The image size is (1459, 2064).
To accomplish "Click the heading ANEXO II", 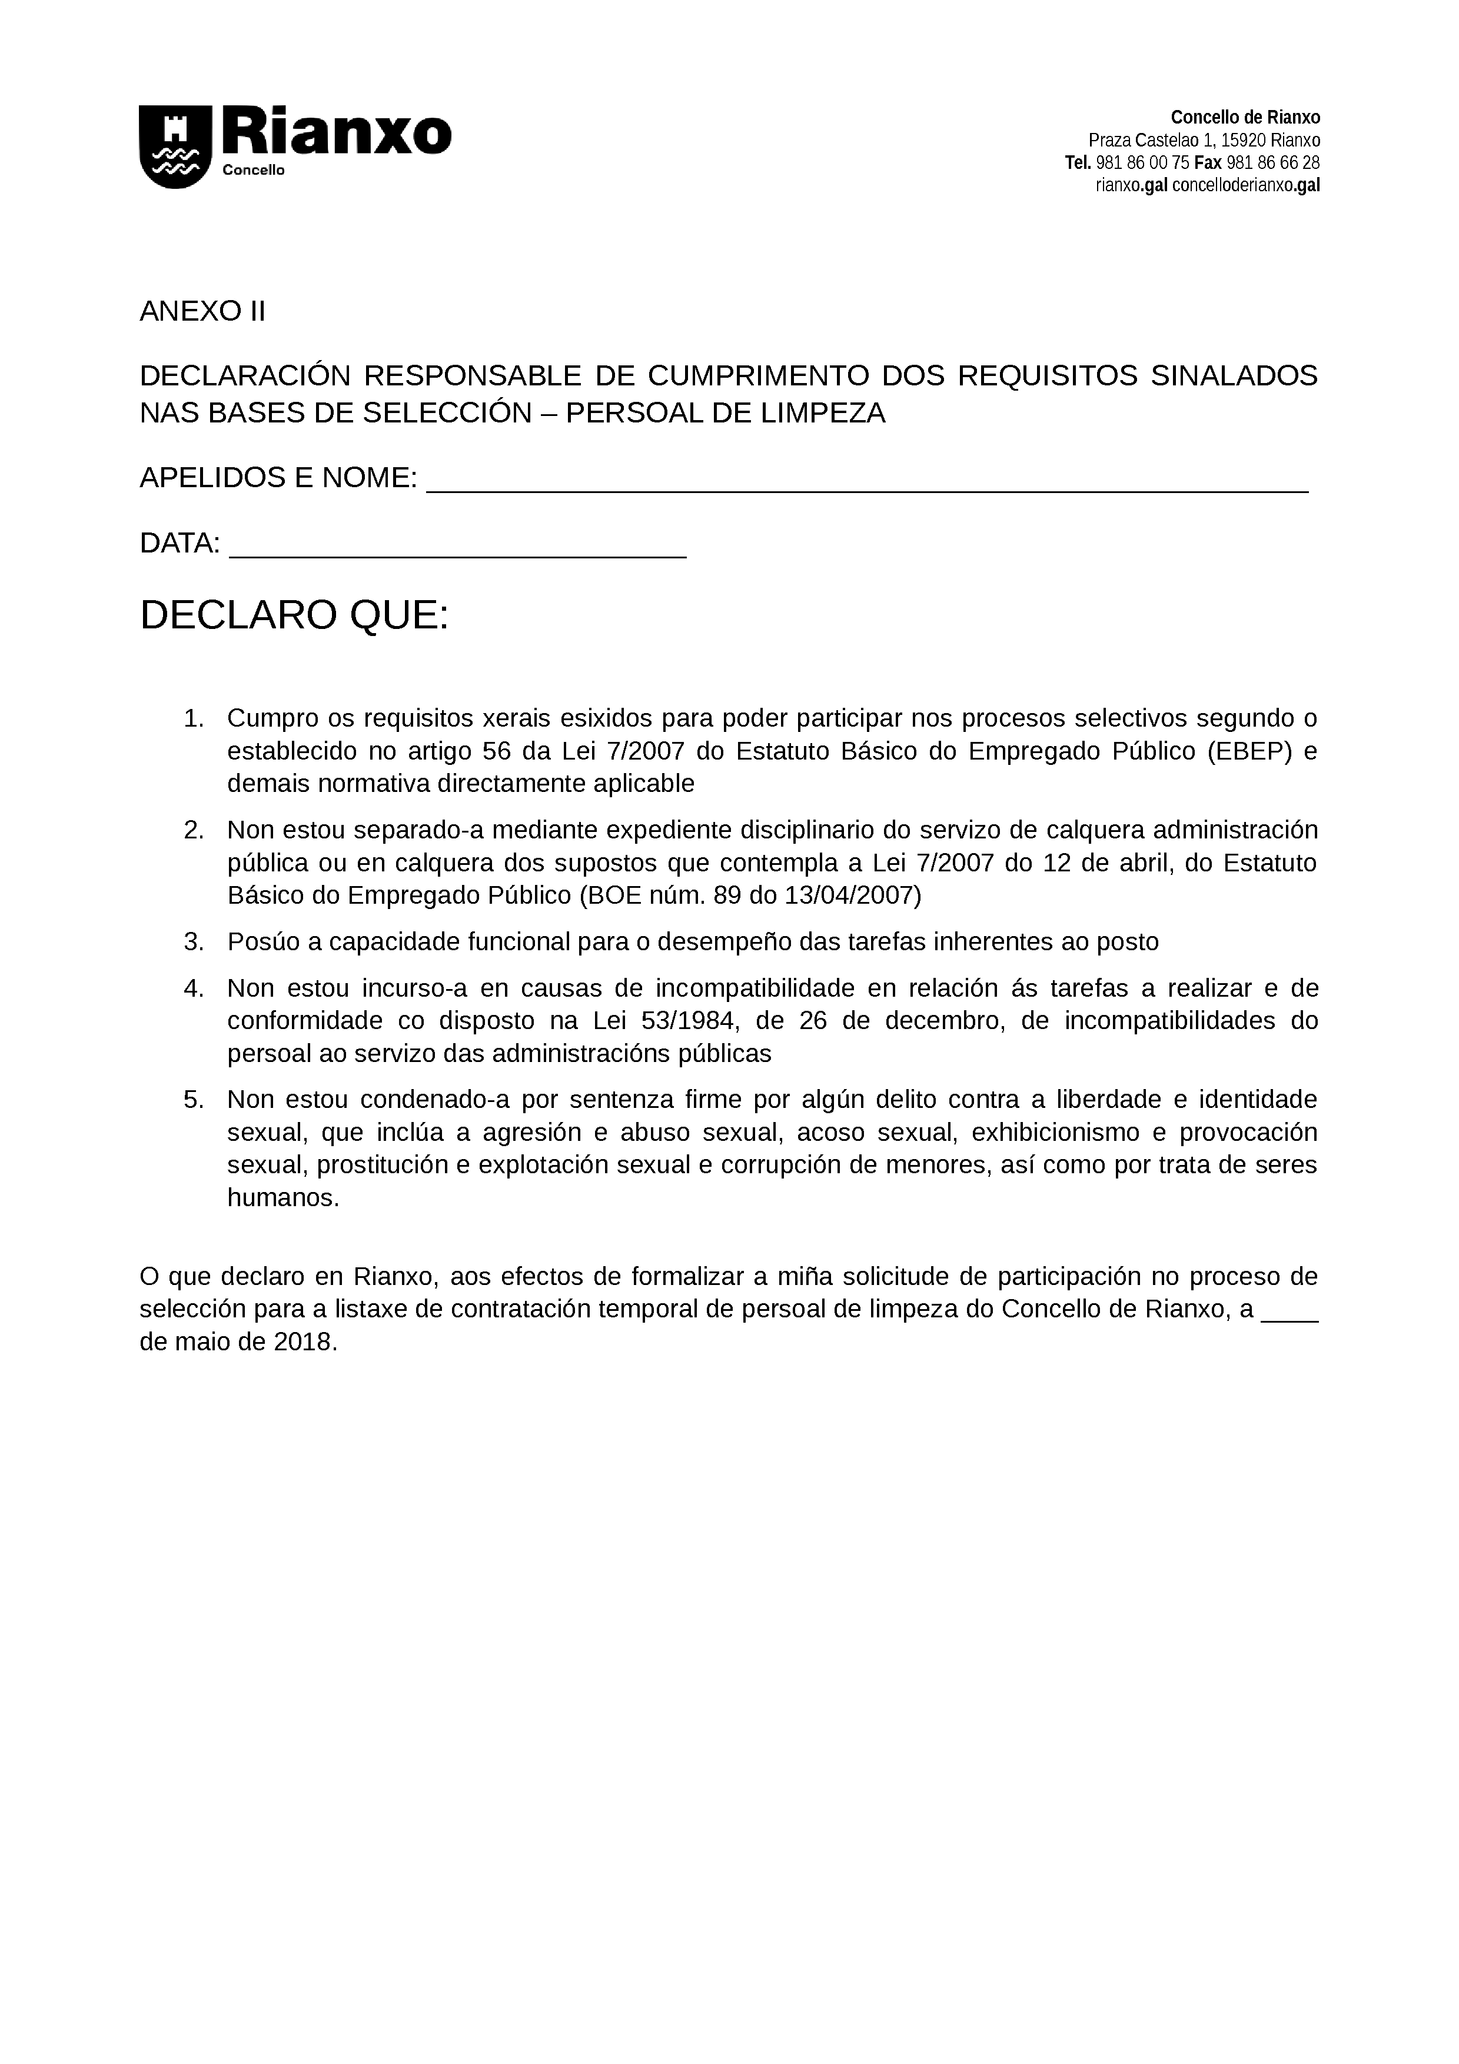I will click(x=202, y=311).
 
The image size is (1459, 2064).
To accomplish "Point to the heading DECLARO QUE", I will click(x=294, y=616).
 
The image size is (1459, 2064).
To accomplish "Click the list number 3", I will click(x=193, y=942).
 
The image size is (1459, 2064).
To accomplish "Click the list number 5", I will click(x=193, y=1100).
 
